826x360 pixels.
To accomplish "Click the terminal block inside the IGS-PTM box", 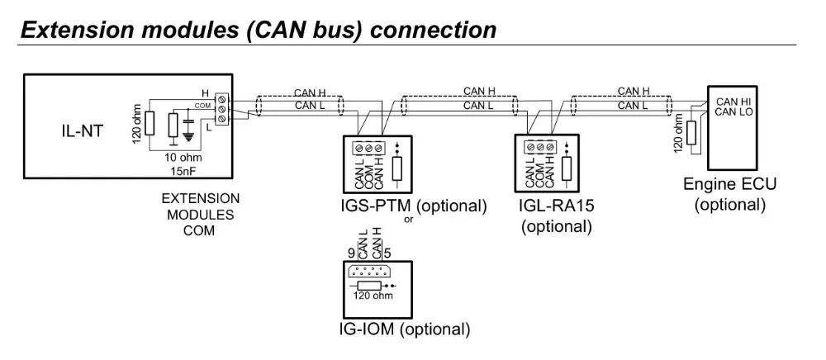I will point(368,149).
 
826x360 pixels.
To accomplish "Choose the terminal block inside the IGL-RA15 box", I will point(540,149).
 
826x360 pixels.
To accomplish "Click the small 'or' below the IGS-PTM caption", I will point(407,220).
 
